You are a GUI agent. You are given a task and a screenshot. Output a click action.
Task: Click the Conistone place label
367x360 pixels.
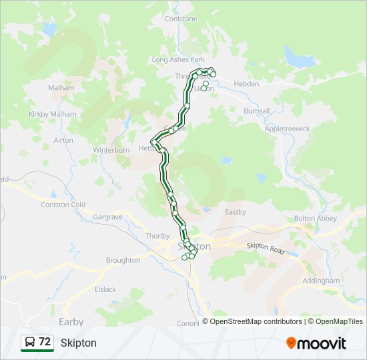click(x=181, y=19)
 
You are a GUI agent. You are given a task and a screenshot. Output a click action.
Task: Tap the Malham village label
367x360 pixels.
click(x=61, y=88)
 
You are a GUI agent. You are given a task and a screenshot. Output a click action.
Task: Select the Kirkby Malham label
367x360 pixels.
click(x=53, y=114)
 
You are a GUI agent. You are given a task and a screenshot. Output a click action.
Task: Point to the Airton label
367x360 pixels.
click(x=63, y=140)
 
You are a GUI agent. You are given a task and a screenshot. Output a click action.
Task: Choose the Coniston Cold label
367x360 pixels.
click(x=63, y=205)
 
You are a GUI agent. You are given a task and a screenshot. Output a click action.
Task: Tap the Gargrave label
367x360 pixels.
click(x=107, y=217)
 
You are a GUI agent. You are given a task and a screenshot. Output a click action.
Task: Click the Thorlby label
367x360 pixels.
click(x=157, y=236)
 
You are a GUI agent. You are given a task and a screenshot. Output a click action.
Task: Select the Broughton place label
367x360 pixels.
click(x=123, y=260)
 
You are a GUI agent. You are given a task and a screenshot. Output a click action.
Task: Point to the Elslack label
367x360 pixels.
click(x=105, y=289)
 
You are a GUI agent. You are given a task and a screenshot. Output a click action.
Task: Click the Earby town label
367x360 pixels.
click(x=71, y=321)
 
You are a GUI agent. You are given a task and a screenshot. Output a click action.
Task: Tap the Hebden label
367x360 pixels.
click(x=246, y=85)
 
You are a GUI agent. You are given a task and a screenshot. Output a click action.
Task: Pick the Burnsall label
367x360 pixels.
click(x=257, y=111)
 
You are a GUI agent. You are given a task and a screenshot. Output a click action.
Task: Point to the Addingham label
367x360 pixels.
click(x=321, y=281)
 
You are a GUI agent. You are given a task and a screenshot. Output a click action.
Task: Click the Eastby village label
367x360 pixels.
click(x=236, y=212)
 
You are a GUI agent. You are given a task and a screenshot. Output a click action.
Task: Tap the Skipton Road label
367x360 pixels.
click(x=266, y=247)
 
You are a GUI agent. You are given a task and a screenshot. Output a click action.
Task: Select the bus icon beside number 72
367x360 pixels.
click(x=30, y=342)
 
